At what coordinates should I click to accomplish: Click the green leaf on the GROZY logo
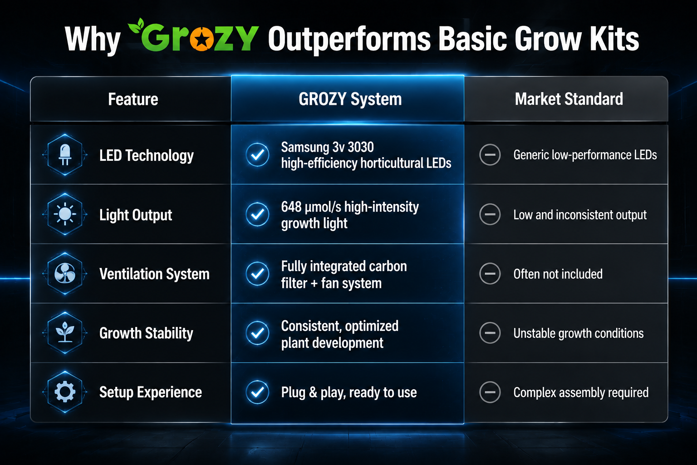click(x=136, y=25)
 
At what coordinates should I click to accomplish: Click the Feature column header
click(x=133, y=99)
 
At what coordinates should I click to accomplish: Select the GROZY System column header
click(x=350, y=99)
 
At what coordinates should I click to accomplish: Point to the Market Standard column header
click(x=569, y=99)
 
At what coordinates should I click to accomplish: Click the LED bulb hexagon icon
click(x=65, y=155)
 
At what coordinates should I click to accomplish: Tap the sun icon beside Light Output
click(x=65, y=214)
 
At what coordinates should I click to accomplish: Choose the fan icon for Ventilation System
click(x=65, y=274)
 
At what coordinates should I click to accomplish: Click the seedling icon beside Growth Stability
click(x=65, y=333)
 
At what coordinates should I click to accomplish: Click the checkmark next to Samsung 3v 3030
click(x=257, y=155)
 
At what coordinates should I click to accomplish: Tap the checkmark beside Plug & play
click(x=257, y=392)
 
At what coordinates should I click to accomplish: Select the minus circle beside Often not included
click(x=490, y=274)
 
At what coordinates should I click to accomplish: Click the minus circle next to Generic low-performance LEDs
click(x=490, y=155)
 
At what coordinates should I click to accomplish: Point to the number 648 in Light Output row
click(x=291, y=207)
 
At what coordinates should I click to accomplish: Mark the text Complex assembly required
click(x=581, y=393)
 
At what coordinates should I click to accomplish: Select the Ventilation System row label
click(x=154, y=274)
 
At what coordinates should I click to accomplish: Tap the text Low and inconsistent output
click(x=580, y=215)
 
